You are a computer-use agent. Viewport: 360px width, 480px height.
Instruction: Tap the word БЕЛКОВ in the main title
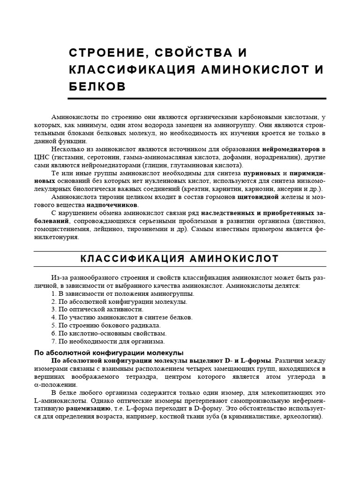[x=97, y=87]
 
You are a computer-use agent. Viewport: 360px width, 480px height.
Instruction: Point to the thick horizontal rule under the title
[x=197, y=98]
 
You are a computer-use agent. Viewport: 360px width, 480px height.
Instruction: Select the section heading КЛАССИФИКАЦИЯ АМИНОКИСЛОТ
[x=180, y=259]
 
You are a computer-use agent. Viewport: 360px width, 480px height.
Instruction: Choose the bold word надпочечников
[x=112, y=205]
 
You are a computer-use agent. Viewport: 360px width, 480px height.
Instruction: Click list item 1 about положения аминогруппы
[x=123, y=293]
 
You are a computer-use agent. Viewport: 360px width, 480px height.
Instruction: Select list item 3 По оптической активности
[x=97, y=309]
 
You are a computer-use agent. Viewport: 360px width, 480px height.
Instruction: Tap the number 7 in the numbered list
[x=53, y=341]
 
